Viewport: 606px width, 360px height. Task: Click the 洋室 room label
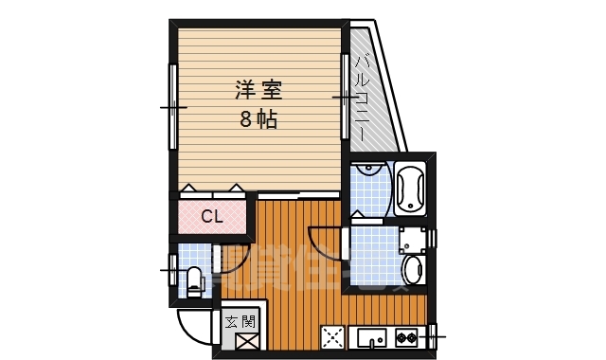click(258, 92)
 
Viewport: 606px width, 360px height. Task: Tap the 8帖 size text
click(258, 119)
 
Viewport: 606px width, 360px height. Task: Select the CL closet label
click(211, 217)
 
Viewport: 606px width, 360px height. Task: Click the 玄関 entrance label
click(240, 320)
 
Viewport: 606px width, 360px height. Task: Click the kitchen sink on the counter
click(371, 336)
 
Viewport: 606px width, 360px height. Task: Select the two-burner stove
click(407, 336)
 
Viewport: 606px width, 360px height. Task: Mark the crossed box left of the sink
click(333, 337)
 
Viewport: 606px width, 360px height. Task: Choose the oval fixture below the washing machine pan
click(414, 271)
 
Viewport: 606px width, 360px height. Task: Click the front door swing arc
click(195, 328)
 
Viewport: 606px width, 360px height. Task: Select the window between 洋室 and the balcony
click(345, 97)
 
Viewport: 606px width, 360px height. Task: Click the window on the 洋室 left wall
click(172, 106)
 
